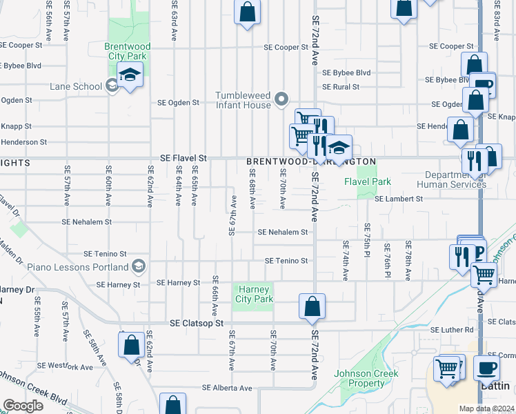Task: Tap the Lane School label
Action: click(x=76, y=86)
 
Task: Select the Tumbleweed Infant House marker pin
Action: click(x=281, y=100)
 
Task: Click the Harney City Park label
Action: click(x=255, y=294)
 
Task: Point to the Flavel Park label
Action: click(x=368, y=182)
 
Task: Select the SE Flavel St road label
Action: click(x=183, y=158)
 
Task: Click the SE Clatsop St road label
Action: click(x=197, y=323)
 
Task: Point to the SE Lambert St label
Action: click(x=399, y=199)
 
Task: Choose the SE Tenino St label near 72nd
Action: click(x=286, y=261)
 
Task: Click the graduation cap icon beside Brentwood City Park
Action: click(x=129, y=75)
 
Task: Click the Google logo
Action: click(x=23, y=406)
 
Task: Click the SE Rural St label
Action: click(x=341, y=87)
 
